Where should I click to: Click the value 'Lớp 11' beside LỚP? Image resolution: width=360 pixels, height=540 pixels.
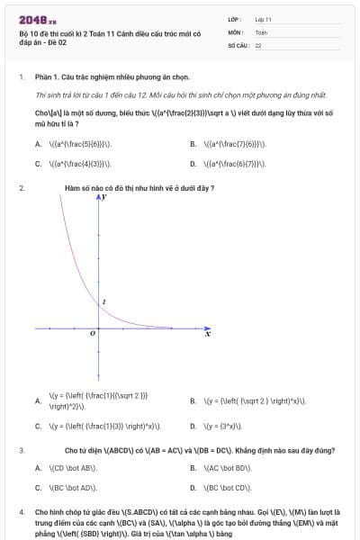tap(264, 19)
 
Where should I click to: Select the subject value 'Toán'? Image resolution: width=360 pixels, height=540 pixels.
tap(261, 31)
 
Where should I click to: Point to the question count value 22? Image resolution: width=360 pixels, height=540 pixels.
tap(258, 45)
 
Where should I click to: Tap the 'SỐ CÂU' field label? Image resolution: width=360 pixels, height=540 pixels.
tap(238, 45)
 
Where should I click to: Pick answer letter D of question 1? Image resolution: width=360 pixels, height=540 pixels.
tap(193, 164)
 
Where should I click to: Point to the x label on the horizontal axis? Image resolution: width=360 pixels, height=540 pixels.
tap(208, 334)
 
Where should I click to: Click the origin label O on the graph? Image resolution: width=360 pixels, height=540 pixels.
tap(92, 333)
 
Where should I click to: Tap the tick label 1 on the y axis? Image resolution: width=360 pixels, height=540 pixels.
tap(104, 301)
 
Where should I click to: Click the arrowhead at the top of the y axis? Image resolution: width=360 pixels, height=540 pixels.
tap(99, 197)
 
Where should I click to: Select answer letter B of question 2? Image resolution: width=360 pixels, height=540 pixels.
tap(193, 400)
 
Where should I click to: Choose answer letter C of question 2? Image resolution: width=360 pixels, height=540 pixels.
tap(38, 427)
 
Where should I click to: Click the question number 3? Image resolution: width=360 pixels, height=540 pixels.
tap(22, 448)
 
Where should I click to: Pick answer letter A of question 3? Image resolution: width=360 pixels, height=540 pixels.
tap(38, 468)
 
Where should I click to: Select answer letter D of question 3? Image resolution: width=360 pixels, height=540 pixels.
tap(193, 488)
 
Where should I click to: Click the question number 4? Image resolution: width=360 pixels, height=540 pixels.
tap(22, 510)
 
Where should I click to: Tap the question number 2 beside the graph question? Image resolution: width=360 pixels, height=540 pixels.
tap(22, 188)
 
